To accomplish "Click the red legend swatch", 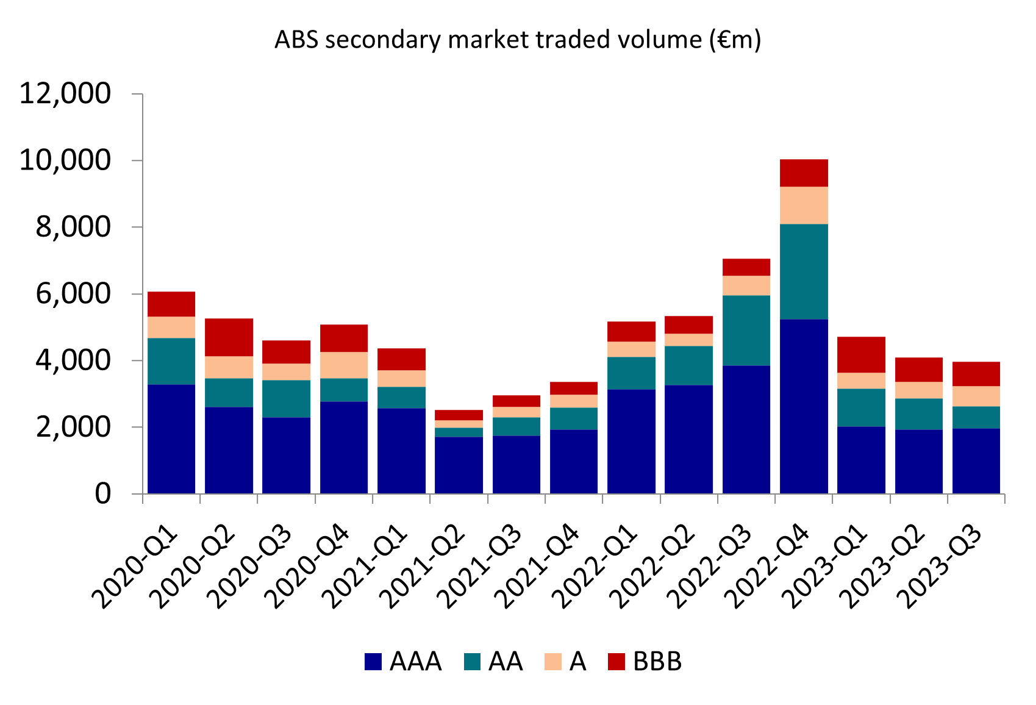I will click(x=616, y=662).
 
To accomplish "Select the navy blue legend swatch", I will click(x=373, y=662).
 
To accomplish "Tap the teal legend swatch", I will click(x=472, y=662).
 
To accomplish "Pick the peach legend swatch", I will click(x=552, y=662).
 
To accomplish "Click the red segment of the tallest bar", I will click(x=804, y=173).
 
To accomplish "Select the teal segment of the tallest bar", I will click(x=804, y=271).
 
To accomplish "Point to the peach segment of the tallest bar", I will click(x=804, y=205).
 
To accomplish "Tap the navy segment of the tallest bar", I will click(x=804, y=406).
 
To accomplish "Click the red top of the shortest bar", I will click(x=459, y=415).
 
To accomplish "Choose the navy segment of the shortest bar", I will click(x=459, y=465).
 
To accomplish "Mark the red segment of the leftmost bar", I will click(x=171, y=304).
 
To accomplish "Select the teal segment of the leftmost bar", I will click(x=171, y=361).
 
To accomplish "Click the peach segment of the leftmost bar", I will click(x=171, y=327).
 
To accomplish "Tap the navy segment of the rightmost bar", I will click(x=976, y=460).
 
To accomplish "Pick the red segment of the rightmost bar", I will click(x=976, y=374).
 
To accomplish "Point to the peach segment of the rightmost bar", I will click(x=976, y=396).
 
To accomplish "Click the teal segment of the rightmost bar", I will click(x=976, y=417).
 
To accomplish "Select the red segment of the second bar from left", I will click(x=229, y=337).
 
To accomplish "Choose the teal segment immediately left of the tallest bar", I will click(x=746, y=330).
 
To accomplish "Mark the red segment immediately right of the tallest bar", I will click(x=861, y=354).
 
